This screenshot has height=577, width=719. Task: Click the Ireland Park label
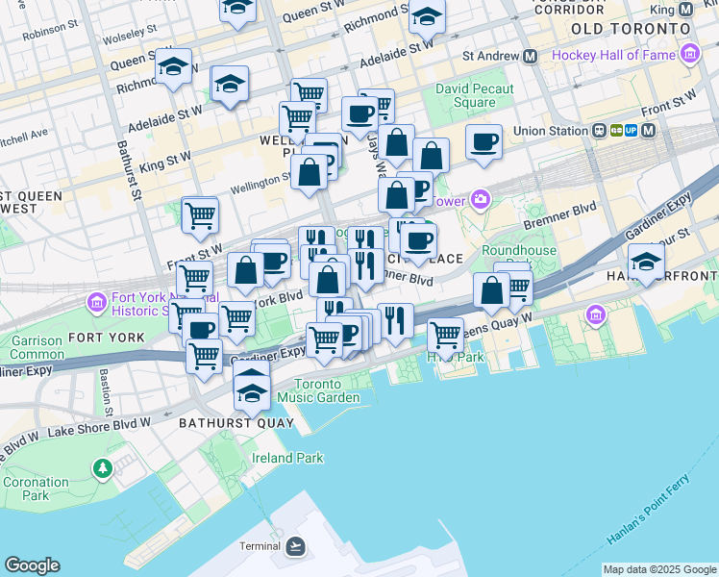click(x=287, y=458)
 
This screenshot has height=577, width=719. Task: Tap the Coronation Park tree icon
click(x=102, y=467)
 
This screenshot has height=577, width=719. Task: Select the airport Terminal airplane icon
click(x=295, y=546)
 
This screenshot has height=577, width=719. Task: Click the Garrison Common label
click(x=37, y=347)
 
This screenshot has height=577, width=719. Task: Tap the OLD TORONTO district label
click(x=631, y=29)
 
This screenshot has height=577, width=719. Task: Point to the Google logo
click(x=32, y=565)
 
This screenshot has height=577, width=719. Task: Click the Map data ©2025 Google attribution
click(x=659, y=569)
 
